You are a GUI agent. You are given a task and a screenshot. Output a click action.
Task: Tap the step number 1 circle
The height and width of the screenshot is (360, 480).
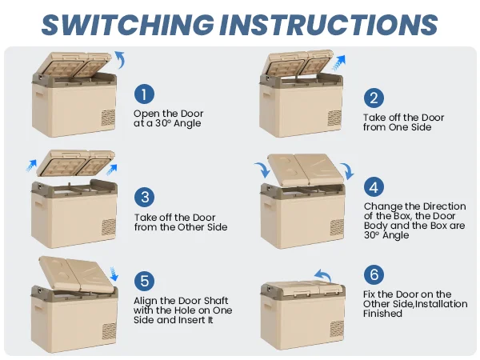click(x=144, y=95)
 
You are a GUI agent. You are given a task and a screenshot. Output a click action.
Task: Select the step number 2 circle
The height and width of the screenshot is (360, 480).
click(x=374, y=98)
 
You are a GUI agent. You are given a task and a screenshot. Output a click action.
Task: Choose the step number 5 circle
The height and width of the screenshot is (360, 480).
click(x=144, y=281)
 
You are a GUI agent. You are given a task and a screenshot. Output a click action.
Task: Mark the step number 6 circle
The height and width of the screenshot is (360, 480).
click(x=374, y=274)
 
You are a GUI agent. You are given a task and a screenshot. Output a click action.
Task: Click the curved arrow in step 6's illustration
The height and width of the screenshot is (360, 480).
click(x=322, y=277)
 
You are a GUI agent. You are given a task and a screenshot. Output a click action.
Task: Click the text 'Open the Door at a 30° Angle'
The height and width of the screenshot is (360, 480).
click(x=167, y=118)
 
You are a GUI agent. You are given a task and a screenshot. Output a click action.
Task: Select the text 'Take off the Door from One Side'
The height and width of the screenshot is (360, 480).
click(x=403, y=122)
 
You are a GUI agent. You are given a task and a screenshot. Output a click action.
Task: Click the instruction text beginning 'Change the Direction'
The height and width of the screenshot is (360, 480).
click(x=409, y=221)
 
